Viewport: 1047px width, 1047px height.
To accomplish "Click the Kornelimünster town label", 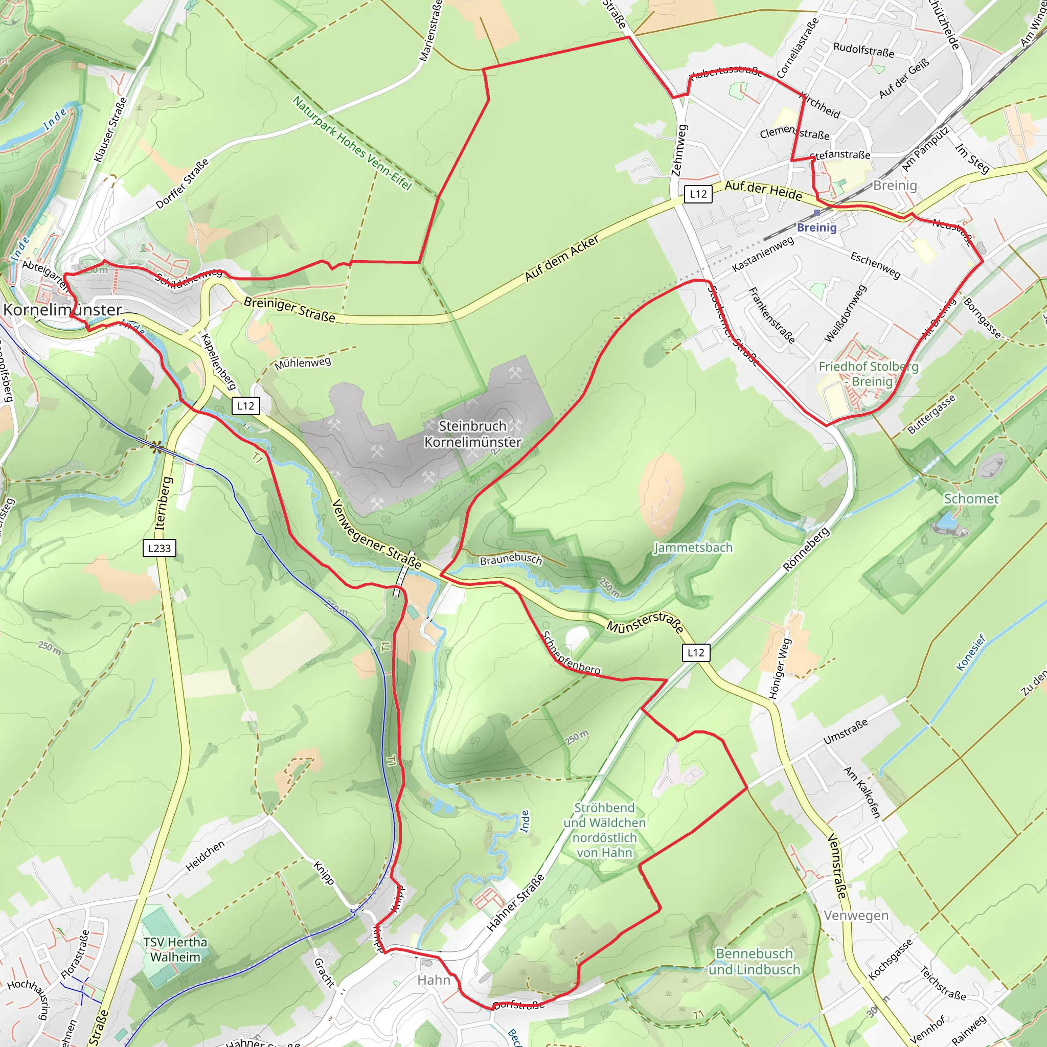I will coord(63,309).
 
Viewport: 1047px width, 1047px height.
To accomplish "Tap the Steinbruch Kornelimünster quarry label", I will coord(472,434).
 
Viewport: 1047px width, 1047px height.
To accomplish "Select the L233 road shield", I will coord(160,548).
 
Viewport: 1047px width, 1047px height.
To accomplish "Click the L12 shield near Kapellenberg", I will coord(245,405).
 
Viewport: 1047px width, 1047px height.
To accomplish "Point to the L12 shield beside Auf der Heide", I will coord(698,194).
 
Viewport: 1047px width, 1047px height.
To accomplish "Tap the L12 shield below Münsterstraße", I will coord(696,652).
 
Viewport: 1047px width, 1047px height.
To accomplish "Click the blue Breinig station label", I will coord(816,227).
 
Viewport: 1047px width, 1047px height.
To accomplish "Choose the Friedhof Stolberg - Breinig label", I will coord(868,374).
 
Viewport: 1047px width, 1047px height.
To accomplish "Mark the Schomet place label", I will coord(971,498).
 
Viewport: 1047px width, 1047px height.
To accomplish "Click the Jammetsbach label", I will coord(693,548).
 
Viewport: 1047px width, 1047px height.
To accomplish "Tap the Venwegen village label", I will coord(856,915).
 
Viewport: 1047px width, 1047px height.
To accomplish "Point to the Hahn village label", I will coord(434,980).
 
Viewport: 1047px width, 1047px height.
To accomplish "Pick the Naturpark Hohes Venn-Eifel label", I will coord(352,143).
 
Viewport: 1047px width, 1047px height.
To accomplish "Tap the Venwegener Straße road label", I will coord(377,534).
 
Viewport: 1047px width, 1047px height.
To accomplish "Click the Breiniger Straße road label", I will coord(289,309).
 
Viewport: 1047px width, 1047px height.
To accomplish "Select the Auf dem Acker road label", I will coord(562,258).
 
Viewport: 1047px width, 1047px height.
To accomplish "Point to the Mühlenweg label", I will coord(303,363).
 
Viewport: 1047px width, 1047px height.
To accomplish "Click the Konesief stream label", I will coord(971,652).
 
